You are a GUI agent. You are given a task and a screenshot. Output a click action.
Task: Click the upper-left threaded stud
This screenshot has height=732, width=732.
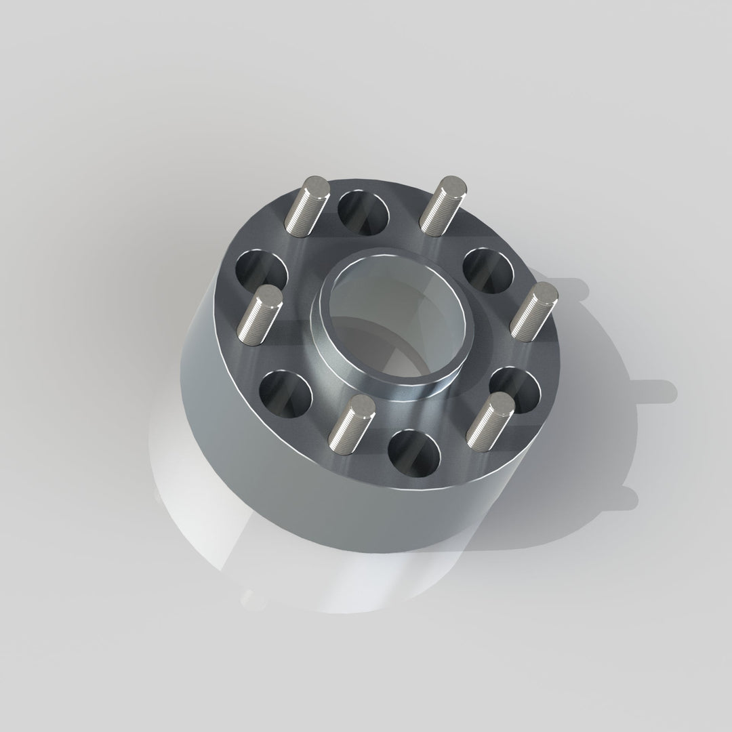[x=306, y=207]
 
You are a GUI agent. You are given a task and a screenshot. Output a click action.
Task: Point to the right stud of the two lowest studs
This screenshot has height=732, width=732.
[x=490, y=424]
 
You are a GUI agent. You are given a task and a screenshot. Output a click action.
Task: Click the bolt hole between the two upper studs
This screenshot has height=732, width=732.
[x=364, y=212]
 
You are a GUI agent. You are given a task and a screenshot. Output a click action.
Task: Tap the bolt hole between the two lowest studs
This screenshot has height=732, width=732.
[x=413, y=453]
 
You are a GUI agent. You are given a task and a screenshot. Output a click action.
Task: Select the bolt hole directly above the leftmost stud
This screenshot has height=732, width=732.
[x=262, y=271]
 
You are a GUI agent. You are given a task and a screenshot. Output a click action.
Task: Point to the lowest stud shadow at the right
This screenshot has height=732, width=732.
[x=620, y=498]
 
